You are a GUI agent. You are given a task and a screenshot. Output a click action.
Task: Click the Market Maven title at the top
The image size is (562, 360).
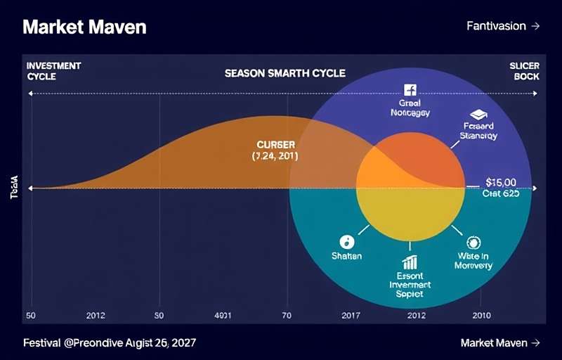pos(84,27)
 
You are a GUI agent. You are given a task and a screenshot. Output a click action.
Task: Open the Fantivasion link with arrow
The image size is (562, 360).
pos(503,26)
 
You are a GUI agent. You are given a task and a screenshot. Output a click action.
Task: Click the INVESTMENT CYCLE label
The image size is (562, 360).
pos(54,70)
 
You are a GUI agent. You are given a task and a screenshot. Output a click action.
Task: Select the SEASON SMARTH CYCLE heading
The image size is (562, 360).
pos(285,73)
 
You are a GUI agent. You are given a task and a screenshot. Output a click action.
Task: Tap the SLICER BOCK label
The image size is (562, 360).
pos(524,70)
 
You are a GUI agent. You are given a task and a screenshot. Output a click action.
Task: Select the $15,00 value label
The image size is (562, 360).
pos(501,182)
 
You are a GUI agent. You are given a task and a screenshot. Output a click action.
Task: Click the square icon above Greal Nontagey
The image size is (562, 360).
pos(410,89)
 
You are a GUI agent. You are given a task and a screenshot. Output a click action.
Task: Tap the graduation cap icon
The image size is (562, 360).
pos(478,114)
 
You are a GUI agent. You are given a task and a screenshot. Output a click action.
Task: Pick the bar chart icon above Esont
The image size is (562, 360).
pos(410,262)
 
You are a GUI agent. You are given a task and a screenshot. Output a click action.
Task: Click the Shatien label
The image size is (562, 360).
pos(346,256)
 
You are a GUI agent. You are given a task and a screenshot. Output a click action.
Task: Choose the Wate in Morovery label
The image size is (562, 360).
pos(473,261)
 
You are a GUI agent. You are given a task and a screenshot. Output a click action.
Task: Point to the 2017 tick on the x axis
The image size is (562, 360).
pos(351,316)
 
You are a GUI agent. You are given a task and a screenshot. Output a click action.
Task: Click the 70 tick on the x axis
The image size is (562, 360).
pos(287,316)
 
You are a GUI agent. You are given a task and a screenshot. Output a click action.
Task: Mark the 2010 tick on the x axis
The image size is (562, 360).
pos(481,316)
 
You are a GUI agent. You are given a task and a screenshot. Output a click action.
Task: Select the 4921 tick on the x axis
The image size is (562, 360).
pos(223,316)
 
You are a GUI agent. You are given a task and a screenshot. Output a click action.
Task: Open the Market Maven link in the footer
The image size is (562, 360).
pos(500,343)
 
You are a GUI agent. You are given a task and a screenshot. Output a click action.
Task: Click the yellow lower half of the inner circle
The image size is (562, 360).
pos(410,211)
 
